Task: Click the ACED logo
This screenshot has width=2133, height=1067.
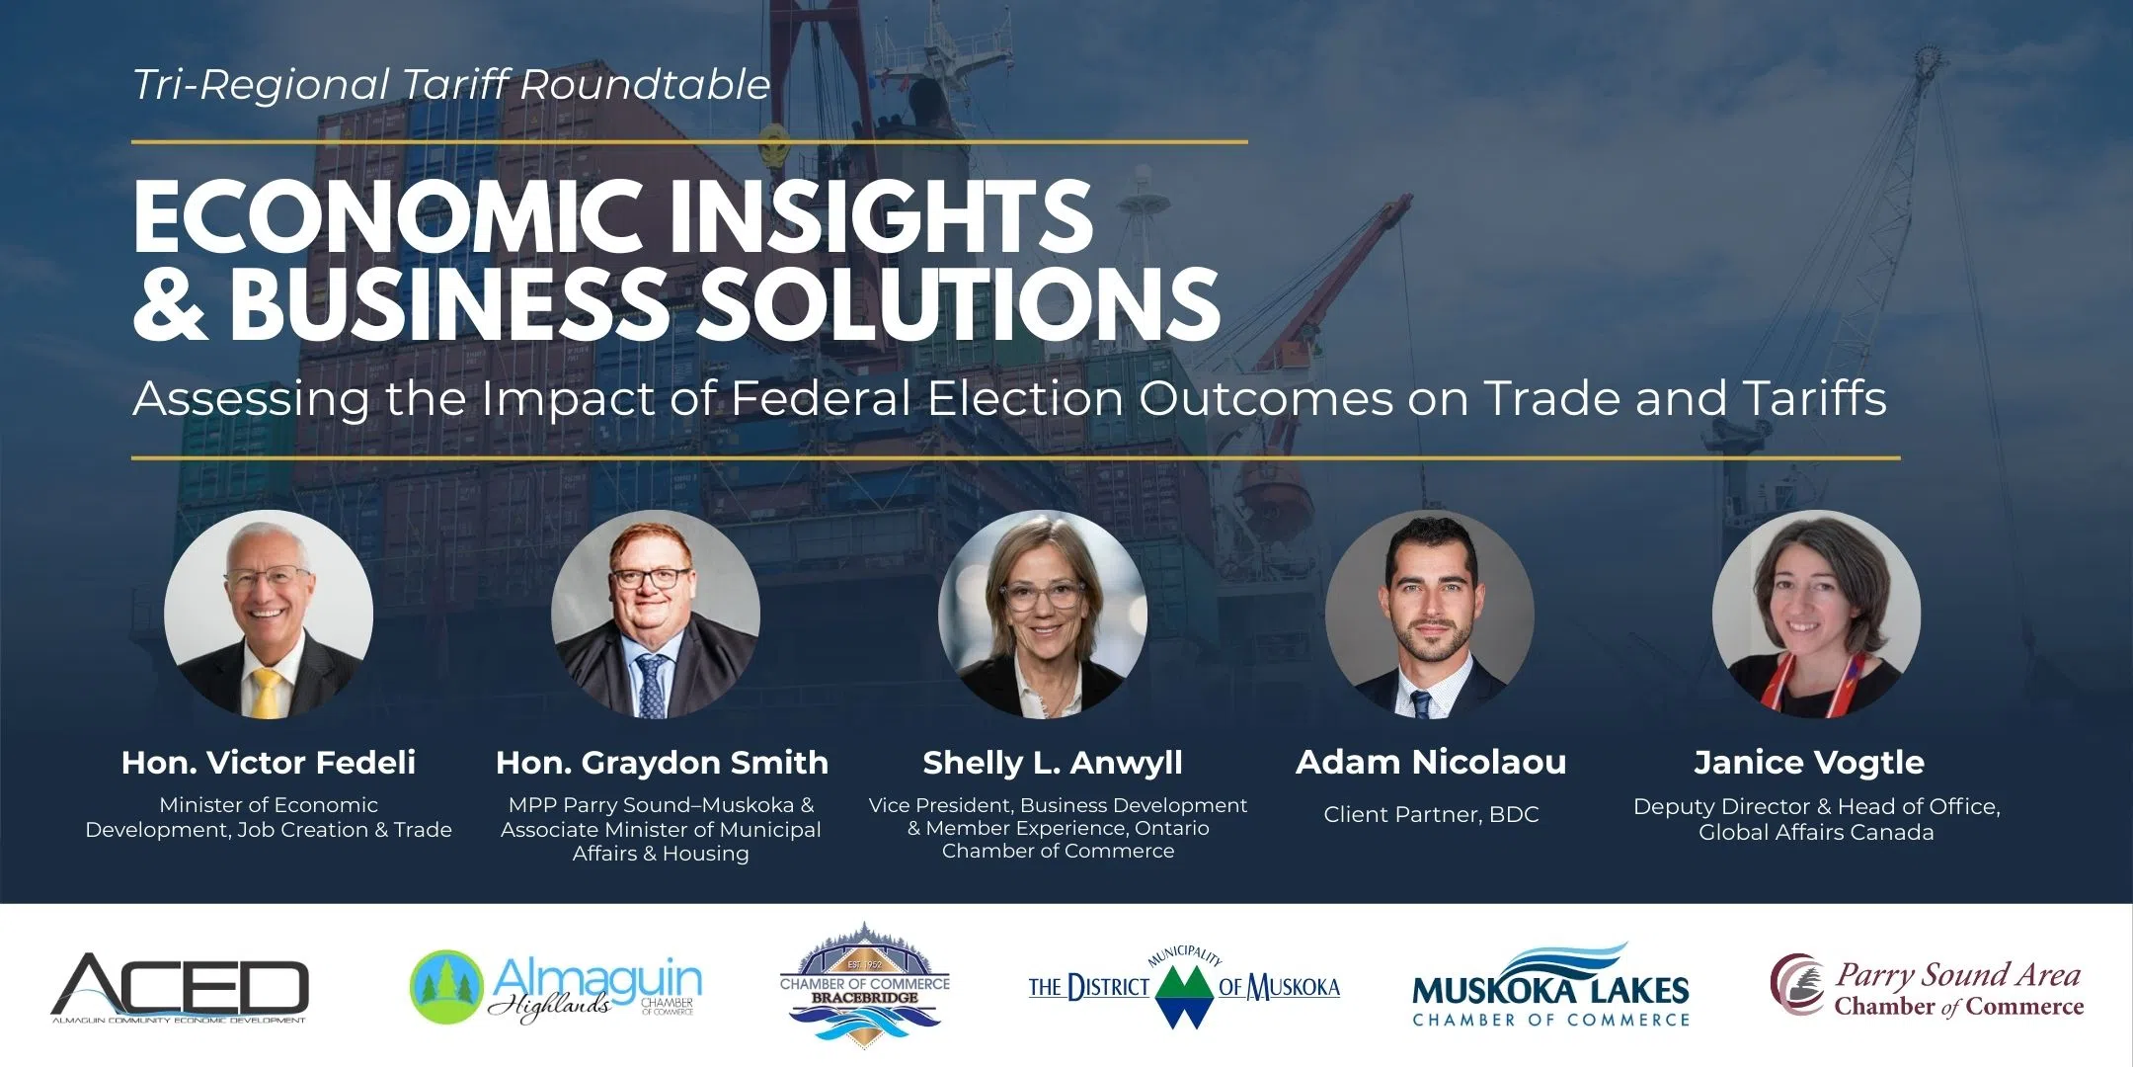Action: pos(180,987)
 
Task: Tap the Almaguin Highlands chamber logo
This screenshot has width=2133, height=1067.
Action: pos(556,987)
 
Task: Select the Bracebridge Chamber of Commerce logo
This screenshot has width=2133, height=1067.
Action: pos(864,985)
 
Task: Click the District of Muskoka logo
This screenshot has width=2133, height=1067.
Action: pos(1184,987)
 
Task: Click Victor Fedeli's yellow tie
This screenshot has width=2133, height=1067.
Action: pos(267,692)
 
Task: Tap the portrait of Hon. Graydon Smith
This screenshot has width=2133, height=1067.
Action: pos(655,614)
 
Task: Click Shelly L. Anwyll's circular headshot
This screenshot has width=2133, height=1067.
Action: pos(1042,614)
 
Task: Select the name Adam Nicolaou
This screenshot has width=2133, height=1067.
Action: pos(1430,762)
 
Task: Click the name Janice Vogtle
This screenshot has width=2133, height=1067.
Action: pos(1809,762)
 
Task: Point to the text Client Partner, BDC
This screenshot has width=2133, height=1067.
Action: pos(1430,814)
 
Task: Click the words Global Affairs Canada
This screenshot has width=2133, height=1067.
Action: pos(1815,832)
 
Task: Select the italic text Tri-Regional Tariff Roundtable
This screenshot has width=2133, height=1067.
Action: pos(451,85)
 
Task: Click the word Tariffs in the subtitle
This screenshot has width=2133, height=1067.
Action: pos(1814,398)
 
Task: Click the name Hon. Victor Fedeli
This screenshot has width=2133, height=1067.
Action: pos(268,762)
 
